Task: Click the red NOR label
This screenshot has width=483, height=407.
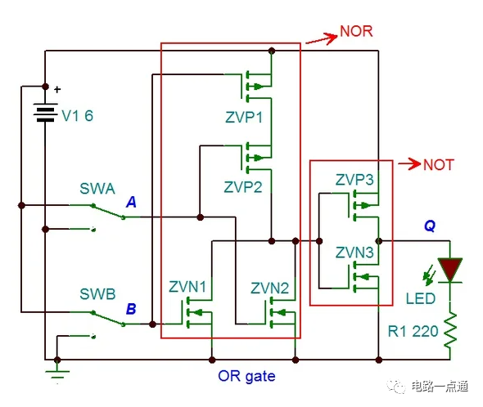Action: (x=356, y=33)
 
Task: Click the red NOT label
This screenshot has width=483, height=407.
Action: (x=439, y=164)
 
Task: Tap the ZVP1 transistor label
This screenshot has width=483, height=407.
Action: (x=243, y=117)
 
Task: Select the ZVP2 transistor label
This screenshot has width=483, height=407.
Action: (x=243, y=186)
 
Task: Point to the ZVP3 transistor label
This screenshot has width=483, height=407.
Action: (x=354, y=180)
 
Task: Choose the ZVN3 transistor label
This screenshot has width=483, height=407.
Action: (x=354, y=253)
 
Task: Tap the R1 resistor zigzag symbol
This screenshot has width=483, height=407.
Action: (x=449, y=330)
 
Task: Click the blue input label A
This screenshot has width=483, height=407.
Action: (x=132, y=202)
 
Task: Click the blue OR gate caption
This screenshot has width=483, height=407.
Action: (x=246, y=377)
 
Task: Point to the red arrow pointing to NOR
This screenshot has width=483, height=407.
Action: (x=319, y=38)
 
